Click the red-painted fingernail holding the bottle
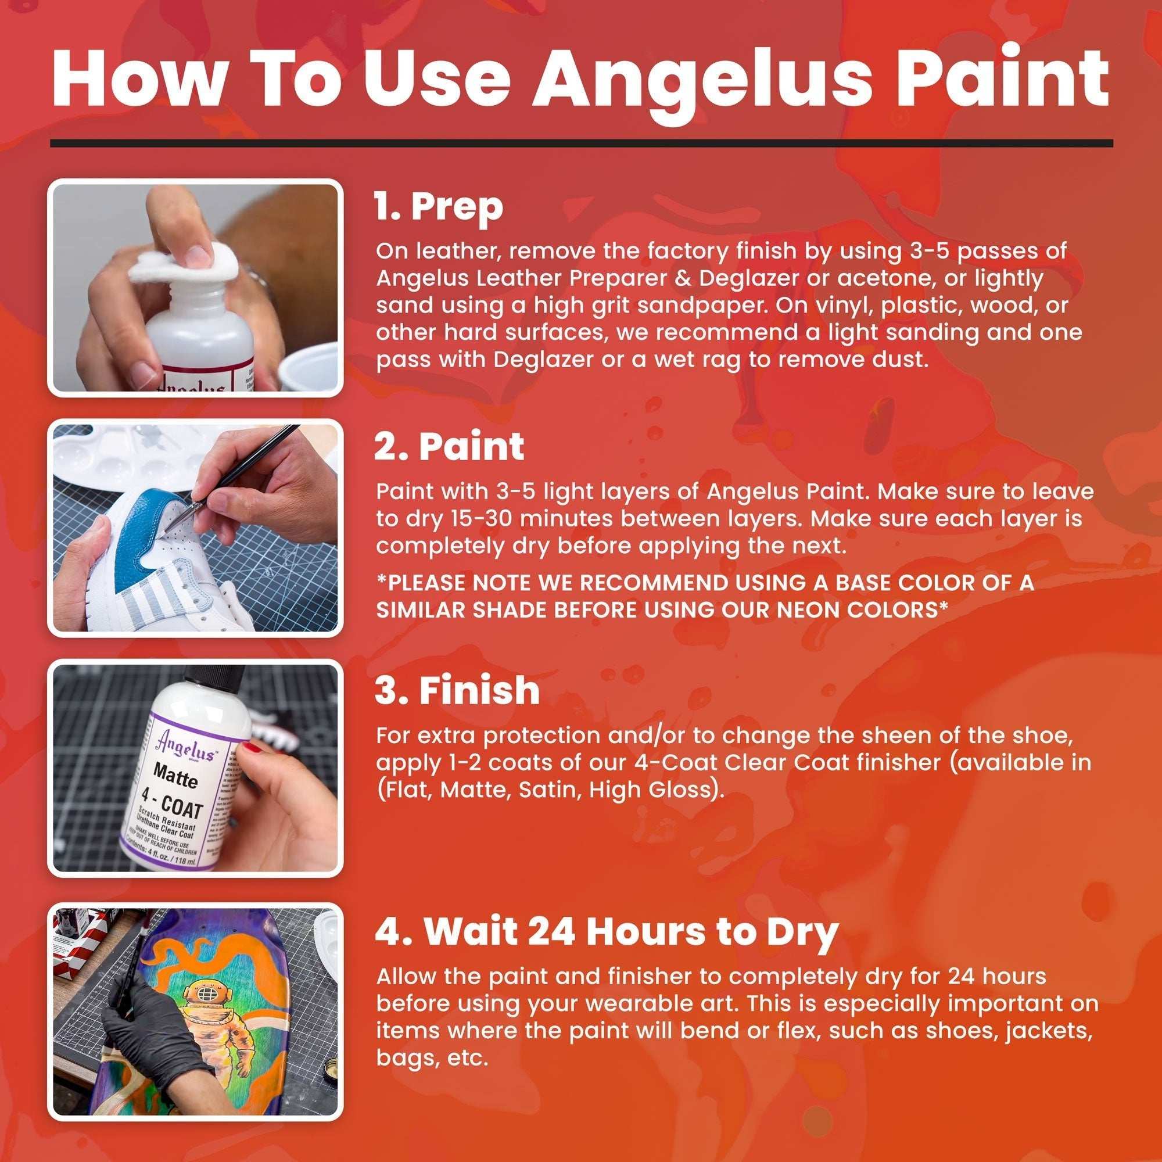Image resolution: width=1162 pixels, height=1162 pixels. coord(252,748)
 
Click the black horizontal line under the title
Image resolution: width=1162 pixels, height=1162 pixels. coord(581,143)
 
